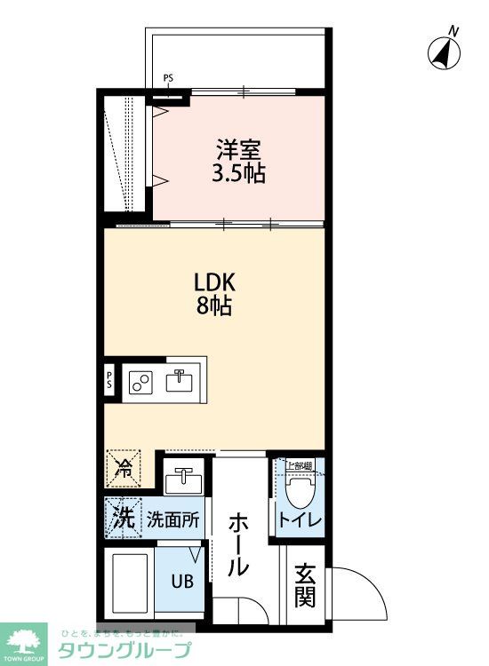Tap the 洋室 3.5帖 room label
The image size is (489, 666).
coord(237,160)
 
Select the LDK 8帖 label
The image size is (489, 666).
coord(214,295)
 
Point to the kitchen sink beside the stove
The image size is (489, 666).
coord(180,381)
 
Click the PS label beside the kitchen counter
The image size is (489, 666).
coord(109,380)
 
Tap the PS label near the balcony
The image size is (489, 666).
coord(168,79)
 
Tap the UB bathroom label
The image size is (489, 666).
coord(180,583)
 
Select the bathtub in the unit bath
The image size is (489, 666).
coord(130,583)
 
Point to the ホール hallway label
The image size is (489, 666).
coord(237,544)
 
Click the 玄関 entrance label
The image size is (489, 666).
coord(305,586)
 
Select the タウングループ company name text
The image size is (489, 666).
coord(124,650)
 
